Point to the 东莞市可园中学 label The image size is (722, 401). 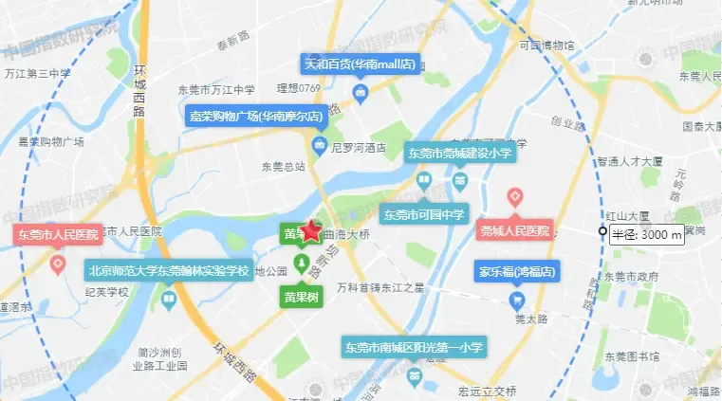tap(425, 214)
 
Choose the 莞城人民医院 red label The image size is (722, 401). tap(514, 230)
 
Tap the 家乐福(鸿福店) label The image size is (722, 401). tap(516, 272)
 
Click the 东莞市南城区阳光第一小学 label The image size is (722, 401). tap(414, 347)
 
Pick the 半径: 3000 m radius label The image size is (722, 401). tap(646, 235)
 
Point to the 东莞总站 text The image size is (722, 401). tap(284, 166)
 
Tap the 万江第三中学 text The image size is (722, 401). tap(38, 73)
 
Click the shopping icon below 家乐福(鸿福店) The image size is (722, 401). tap(516, 301)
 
